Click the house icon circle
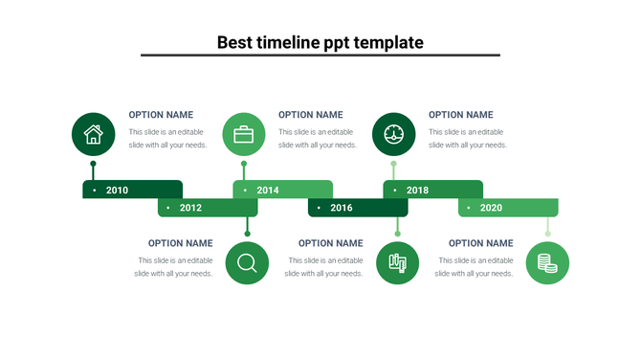[94, 134]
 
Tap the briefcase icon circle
[244, 134]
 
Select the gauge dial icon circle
[394, 134]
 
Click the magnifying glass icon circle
[247, 262]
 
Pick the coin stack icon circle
[547, 262]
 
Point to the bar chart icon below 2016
[398, 262]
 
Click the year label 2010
[117, 191]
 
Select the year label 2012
[190, 208]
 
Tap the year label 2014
[268, 191]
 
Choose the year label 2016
[342, 208]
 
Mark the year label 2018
[418, 191]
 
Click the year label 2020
[491, 208]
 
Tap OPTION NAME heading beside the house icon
[161, 115]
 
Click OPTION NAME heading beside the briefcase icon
[310, 115]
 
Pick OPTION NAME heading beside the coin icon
[480, 243]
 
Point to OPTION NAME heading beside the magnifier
[180, 243]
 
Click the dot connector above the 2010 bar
[93, 165]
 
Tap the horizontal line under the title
[320, 56]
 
